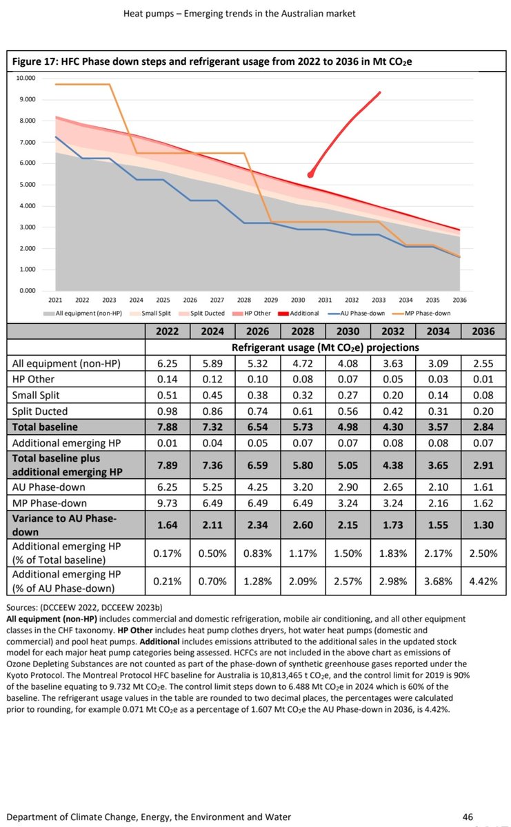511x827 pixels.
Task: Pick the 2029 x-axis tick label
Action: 270,300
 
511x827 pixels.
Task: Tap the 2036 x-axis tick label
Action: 459,300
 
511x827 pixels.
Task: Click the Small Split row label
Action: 40,396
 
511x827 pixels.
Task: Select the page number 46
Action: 467,817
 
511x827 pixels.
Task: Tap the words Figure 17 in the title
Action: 39,61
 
